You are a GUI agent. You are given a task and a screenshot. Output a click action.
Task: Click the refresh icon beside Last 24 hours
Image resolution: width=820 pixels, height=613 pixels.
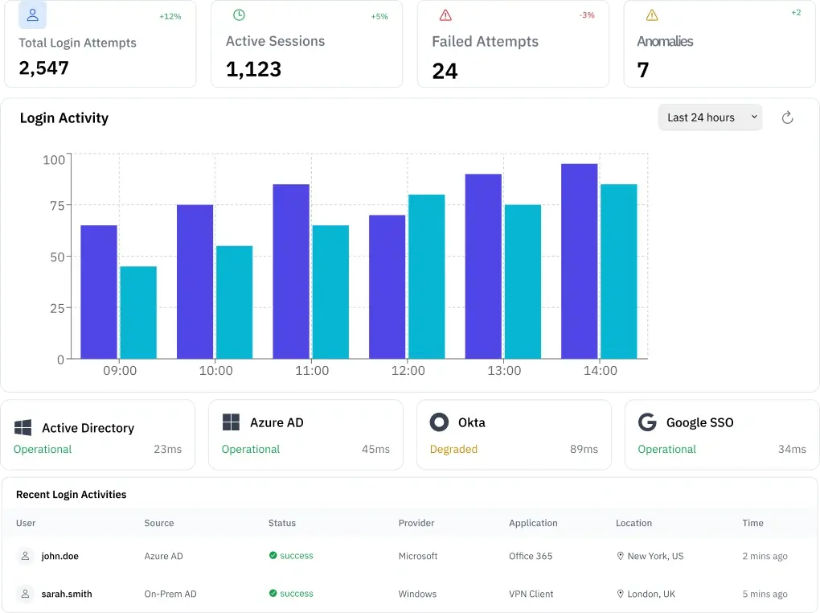click(788, 117)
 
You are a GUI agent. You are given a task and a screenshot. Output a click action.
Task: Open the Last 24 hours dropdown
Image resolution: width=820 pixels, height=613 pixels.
click(710, 117)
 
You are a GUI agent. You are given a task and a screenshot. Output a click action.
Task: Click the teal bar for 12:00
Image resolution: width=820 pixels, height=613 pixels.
click(427, 277)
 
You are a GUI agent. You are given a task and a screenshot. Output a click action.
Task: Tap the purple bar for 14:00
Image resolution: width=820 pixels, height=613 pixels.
click(580, 261)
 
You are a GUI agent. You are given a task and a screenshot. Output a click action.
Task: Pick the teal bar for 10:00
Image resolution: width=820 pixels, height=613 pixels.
click(235, 302)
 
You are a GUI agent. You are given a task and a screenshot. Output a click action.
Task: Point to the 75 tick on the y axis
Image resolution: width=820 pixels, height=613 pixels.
click(54, 206)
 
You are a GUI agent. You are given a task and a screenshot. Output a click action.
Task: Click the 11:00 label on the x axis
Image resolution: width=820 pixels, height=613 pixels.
click(312, 371)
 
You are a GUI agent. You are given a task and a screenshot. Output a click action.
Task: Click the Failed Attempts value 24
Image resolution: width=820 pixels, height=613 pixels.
click(445, 72)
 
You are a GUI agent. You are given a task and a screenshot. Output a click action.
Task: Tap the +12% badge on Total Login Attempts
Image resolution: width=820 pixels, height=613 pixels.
click(170, 17)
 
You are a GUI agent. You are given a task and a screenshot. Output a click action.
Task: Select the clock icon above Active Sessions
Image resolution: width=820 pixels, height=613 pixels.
click(239, 15)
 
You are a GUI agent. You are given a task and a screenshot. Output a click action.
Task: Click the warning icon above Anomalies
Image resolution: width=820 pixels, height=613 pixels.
click(652, 15)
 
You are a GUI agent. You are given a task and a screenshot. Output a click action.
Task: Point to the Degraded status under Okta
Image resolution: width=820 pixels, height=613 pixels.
click(453, 449)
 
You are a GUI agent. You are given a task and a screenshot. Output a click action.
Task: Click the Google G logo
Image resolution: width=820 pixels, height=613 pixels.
click(646, 422)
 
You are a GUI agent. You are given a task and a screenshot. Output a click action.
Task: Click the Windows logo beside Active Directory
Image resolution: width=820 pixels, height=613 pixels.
click(23, 427)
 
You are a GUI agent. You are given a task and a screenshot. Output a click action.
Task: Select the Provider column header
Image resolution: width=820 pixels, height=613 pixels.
click(416, 523)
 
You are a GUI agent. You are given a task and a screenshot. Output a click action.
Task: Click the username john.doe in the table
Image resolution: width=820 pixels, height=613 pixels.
click(60, 556)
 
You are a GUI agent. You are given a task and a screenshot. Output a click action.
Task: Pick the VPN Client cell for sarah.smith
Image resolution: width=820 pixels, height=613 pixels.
click(531, 594)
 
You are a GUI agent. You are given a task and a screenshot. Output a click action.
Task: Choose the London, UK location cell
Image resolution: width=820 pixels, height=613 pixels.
click(651, 594)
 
